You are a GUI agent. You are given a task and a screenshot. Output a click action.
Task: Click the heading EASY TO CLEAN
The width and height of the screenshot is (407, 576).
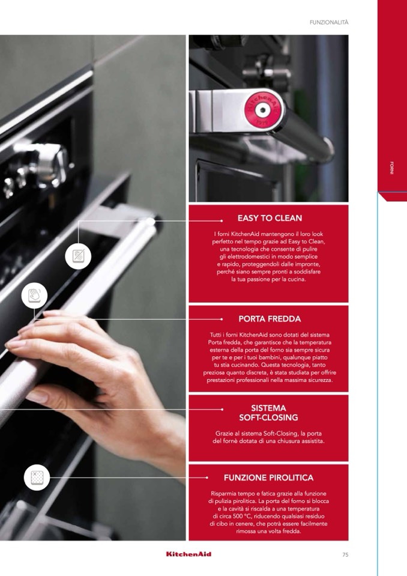tap(270, 218)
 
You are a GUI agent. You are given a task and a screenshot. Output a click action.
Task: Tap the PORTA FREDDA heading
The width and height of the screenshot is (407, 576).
tap(270, 319)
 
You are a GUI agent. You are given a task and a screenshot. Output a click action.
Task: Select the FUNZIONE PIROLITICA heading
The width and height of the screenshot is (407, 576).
tap(269, 477)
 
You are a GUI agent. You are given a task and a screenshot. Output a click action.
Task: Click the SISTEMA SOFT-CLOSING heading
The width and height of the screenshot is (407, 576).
tap(269, 413)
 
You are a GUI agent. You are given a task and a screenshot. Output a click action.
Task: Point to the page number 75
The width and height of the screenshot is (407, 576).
tap(345, 555)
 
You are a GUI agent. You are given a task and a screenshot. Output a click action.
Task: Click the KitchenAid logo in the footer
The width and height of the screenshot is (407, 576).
tap(188, 554)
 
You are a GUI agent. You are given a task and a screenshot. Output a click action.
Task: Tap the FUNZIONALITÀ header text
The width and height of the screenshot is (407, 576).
tap(329, 22)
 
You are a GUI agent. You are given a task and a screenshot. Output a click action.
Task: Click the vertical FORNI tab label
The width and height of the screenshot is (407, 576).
tap(392, 168)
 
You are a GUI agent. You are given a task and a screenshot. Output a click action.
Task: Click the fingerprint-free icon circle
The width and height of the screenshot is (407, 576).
tap(78, 256)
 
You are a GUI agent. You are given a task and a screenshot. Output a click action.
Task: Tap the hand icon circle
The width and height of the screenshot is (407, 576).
tap(34, 296)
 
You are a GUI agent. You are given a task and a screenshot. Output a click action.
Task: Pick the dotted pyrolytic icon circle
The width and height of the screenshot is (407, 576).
tap(37, 477)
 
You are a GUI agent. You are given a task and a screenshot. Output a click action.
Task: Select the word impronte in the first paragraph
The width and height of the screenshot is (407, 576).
tap(308, 264)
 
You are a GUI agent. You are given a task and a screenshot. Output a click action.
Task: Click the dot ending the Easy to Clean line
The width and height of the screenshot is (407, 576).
tap(222, 221)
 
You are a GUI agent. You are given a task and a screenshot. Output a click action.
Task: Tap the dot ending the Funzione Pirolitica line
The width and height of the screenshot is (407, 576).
tap(207, 477)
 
